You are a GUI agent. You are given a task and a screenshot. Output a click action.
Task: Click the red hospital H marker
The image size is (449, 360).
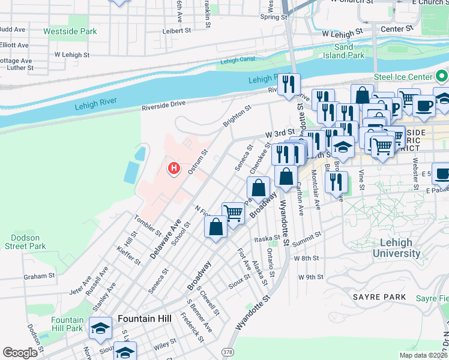pyautogui.click(x=174, y=169)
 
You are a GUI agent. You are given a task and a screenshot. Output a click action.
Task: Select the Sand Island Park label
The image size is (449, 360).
pyautogui.click(x=349, y=51)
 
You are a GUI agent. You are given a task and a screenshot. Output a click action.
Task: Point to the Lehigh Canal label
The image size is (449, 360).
pyautogui.click(x=238, y=61)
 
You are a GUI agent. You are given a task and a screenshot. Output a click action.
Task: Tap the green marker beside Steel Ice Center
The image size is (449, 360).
pyautogui.click(x=442, y=76)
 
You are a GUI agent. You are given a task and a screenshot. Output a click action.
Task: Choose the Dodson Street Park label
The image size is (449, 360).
pyautogui.click(x=25, y=242)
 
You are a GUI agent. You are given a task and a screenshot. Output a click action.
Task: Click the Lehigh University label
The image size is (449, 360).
pyautogui.click(x=396, y=248)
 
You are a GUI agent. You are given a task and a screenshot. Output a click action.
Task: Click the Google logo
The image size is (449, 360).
pyautogui.click(x=20, y=353)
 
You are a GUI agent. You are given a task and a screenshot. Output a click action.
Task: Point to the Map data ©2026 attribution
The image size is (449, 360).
pyautogui.click(x=423, y=355)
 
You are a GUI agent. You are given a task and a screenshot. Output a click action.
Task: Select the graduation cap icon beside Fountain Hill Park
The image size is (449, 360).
pyautogui.click(x=101, y=327)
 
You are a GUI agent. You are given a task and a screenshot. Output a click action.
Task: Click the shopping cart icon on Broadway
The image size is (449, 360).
pyautogui.click(x=233, y=212)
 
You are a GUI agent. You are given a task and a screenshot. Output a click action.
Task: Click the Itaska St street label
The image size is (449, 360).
pyautogui.click(x=267, y=238)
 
